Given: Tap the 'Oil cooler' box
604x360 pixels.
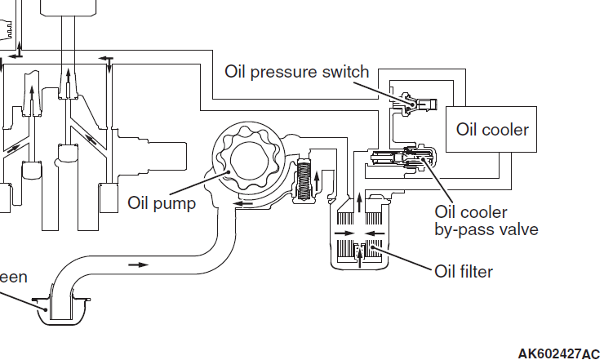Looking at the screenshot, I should (492, 129).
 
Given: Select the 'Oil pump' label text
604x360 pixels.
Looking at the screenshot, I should (162, 202).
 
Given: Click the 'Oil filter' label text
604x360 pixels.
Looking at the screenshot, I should (464, 271).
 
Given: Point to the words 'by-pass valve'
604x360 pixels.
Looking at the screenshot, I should (486, 229).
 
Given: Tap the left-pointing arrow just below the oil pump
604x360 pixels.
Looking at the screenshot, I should (238, 205).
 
